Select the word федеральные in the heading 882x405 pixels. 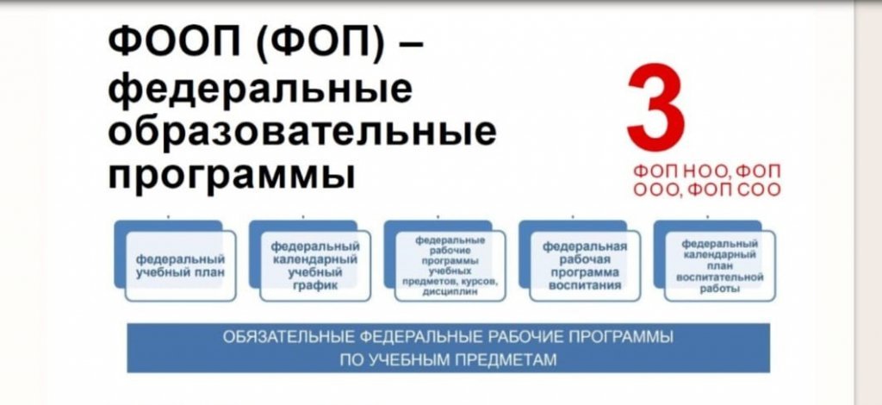tap(260, 90)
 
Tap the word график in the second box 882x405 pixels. tap(315, 285)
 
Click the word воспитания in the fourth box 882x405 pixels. tap(585, 285)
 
